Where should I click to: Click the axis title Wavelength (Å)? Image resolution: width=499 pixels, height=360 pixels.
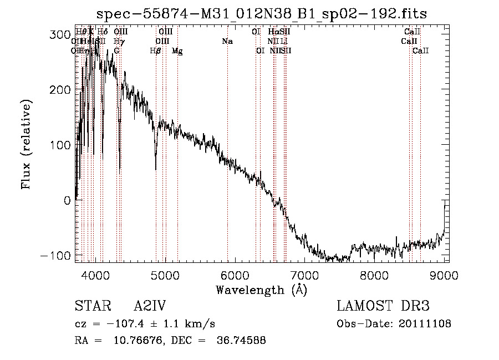(261, 290)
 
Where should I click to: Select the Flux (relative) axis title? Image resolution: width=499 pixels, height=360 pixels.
(27, 144)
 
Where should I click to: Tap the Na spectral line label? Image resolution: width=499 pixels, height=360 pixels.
(227, 42)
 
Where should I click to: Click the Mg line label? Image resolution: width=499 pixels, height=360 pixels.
(177, 51)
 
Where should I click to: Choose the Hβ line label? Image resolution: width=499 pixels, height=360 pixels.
(156, 51)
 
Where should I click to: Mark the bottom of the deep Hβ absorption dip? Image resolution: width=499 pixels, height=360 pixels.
(156, 169)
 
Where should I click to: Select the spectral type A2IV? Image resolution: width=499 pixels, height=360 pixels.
(150, 306)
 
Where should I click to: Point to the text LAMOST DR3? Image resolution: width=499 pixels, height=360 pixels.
(383, 306)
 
